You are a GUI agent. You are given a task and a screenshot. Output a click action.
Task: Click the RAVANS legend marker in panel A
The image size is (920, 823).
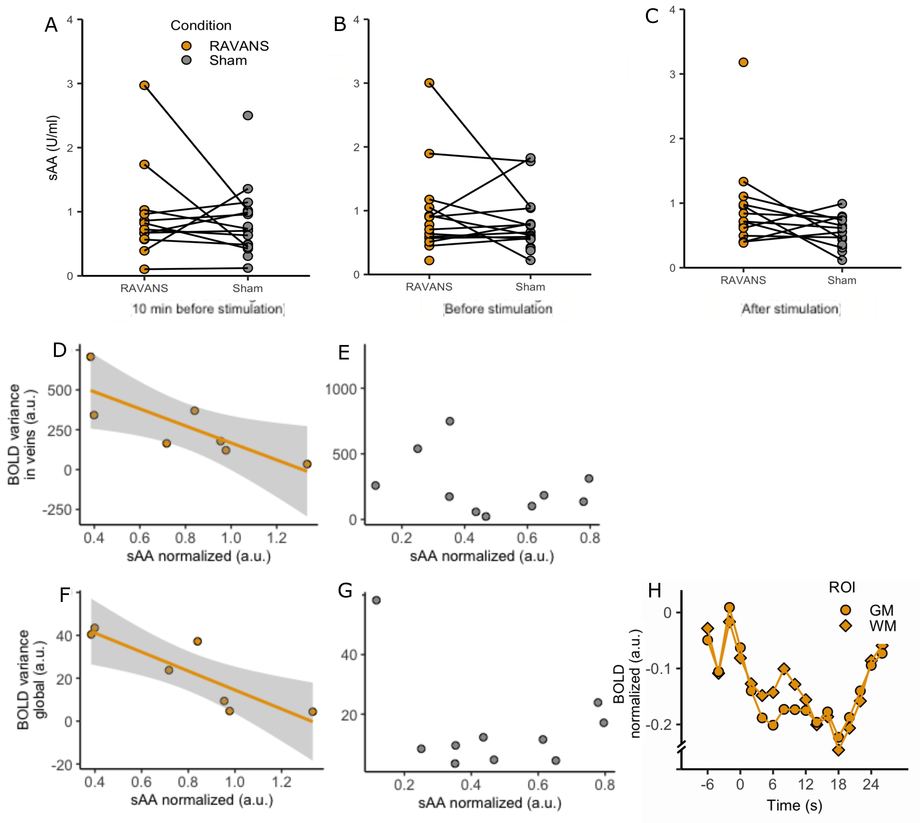(186, 46)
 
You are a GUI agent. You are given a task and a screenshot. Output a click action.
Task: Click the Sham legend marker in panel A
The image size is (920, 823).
(186, 60)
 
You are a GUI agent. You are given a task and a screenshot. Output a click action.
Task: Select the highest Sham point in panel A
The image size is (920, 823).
(248, 115)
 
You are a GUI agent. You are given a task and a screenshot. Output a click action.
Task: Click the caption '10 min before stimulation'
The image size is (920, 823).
(208, 309)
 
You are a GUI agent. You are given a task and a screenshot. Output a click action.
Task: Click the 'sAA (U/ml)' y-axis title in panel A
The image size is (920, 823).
(53, 148)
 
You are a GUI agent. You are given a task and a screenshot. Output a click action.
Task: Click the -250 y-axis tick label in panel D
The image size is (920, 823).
(57, 510)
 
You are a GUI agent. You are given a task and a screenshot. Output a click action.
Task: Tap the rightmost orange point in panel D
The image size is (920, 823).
(307, 464)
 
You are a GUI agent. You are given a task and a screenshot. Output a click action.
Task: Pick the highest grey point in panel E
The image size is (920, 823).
(450, 421)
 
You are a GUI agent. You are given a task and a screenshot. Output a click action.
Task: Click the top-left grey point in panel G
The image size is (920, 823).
(376, 600)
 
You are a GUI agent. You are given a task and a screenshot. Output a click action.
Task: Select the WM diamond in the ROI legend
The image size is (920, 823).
(845, 626)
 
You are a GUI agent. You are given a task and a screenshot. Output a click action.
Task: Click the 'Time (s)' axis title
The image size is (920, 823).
(794, 805)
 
